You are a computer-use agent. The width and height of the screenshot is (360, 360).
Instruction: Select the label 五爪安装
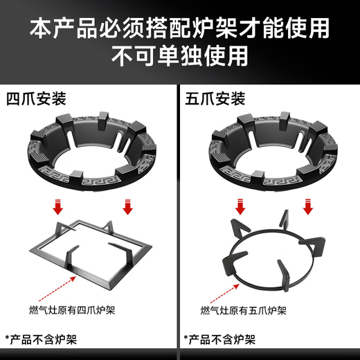coord(215,98)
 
